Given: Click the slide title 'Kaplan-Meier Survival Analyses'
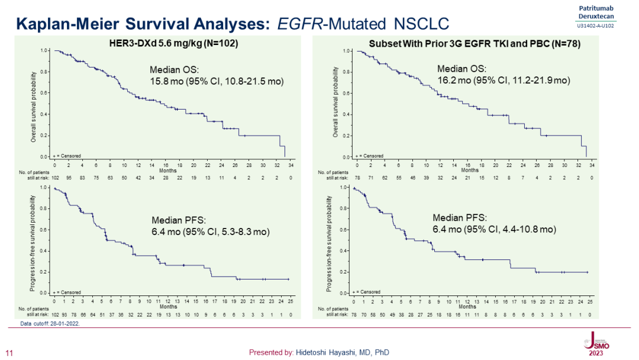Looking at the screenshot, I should point(142,24).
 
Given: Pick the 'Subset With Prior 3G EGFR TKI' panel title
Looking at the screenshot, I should point(474,44).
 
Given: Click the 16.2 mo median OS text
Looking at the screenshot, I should point(503,80).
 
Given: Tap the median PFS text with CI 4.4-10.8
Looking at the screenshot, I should point(493,229).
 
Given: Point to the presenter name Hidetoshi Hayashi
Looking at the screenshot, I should point(319,352).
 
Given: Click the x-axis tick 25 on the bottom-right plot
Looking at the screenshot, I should point(590,301).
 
